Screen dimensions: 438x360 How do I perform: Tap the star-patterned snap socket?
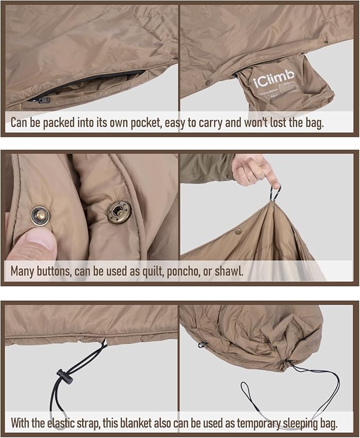coord(118,212)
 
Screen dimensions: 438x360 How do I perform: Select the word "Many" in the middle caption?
coord(24,271)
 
